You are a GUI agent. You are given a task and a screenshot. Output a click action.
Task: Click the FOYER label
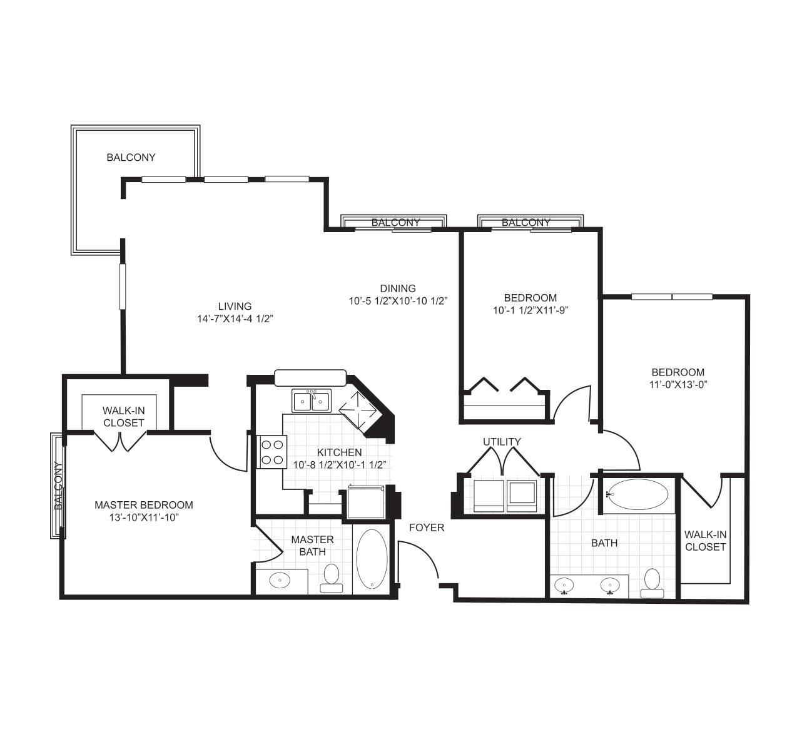(x=427, y=527)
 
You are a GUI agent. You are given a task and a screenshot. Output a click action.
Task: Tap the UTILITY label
(x=502, y=442)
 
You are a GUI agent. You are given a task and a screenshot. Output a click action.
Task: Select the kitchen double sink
(x=312, y=400)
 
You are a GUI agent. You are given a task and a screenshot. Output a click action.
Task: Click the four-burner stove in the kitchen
(x=272, y=452)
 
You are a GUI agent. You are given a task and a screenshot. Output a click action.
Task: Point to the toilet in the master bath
(x=332, y=578)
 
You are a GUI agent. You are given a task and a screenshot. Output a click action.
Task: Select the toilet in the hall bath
(x=652, y=583)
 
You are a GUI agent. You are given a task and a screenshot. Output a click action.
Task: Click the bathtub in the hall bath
(x=637, y=494)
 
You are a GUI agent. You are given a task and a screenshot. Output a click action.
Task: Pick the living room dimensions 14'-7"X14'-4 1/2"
(x=235, y=318)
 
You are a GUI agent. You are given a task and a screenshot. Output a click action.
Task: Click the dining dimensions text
(x=398, y=301)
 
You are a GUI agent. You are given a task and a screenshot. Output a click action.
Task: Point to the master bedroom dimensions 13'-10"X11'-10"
(x=144, y=517)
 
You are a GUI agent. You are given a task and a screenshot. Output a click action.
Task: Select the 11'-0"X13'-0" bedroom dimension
(x=678, y=384)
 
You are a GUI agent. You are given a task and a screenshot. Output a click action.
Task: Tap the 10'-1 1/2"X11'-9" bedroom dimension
(x=530, y=310)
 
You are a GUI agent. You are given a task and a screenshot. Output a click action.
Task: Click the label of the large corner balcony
(x=131, y=158)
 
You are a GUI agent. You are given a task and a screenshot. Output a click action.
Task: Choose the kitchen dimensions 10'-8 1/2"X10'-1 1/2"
(x=340, y=464)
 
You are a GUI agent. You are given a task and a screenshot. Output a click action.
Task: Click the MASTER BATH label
(x=312, y=545)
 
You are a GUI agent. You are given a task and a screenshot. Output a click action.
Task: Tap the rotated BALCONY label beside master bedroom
(x=59, y=486)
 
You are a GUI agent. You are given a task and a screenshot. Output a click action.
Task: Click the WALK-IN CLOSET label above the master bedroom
(x=124, y=416)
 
